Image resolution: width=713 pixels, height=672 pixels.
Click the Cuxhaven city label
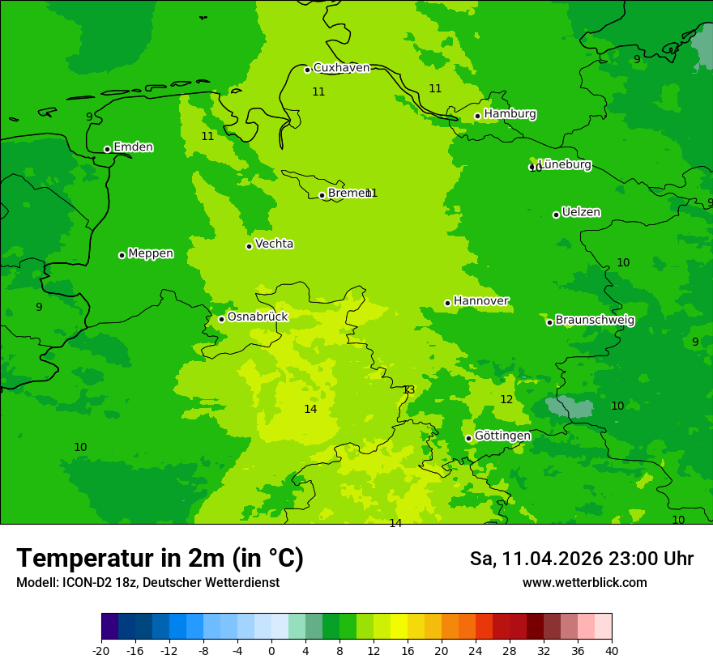(x=341, y=68)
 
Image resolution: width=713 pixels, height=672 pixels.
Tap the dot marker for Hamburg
(x=477, y=116)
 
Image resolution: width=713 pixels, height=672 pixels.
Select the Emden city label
(x=133, y=147)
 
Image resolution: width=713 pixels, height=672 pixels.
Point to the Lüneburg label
(x=565, y=164)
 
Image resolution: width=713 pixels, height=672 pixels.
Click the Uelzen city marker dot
(x=556, y=215)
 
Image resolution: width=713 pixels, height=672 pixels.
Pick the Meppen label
(x=151, y=253)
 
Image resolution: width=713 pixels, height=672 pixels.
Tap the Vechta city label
(x=274, y=244)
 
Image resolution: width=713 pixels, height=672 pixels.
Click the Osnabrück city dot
(x=221, y=319)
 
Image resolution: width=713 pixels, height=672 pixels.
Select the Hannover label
(x=481, y=301)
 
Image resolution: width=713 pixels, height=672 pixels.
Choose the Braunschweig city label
(x=595, y=321)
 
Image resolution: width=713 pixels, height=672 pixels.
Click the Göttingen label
(x=502, y=436)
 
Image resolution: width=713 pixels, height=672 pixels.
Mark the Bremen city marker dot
(x=322, y=195)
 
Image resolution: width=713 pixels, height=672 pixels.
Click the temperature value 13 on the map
(x=408, y=390)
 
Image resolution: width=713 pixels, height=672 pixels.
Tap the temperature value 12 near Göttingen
(x=506, y=400)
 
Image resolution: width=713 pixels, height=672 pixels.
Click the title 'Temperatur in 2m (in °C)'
(x=160, y=558)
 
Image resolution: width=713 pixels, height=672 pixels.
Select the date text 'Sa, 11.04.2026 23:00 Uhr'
(x=581, y=559)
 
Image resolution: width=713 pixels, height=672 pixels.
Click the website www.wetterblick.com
(x=584, y=583)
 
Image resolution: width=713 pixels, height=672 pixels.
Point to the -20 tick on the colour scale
(x=101, y=651)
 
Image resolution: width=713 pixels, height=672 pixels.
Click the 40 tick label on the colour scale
(x=612, y=651)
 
